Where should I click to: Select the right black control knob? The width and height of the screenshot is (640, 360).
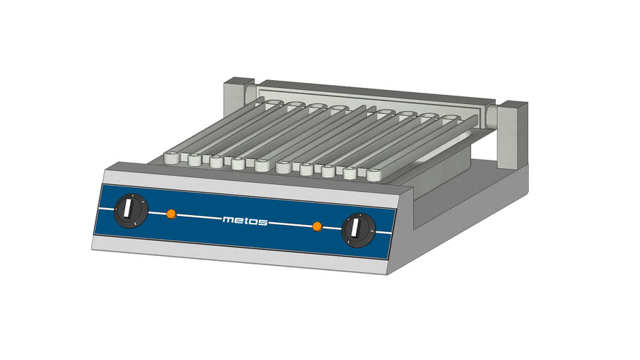click(358, 230)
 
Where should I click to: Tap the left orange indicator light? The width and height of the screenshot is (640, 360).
click(171, 213)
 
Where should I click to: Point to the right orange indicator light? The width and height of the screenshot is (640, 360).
click(317, 226)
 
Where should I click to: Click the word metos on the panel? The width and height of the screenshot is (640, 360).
click(245, 220)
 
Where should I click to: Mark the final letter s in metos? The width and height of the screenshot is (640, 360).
click(263, 222)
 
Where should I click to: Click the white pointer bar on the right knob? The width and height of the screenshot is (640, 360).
click(357, 229)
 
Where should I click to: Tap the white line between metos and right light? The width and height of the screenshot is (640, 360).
click(290, 224)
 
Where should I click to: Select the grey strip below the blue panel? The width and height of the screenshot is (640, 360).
click(239, 253)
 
